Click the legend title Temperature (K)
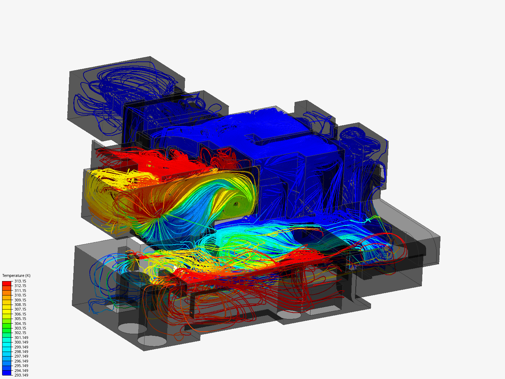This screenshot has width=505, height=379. [x=16, y=275]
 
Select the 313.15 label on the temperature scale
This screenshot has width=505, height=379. [x=20, y=281]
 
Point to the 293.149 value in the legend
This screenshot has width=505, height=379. [x=21, y=375]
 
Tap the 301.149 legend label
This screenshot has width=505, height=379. [x=21, y=338]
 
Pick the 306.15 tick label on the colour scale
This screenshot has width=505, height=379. [x=20, y=314]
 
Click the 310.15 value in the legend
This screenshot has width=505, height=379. [x=20, y=295]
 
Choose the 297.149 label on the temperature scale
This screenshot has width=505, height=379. [x=21, y=356]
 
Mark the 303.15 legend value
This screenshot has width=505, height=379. [x=20, y=328]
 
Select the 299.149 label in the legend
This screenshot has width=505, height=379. [x=21, y=347]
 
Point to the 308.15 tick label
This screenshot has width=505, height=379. [x=20, y=305]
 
